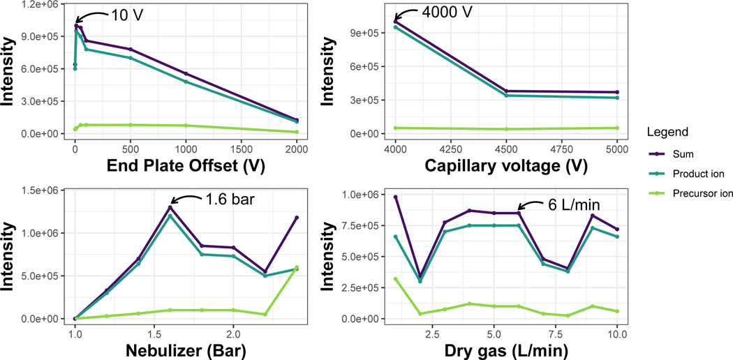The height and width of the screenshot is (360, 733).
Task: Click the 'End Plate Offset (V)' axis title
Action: point(186,166)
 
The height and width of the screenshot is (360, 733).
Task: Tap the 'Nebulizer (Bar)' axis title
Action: point(186,350)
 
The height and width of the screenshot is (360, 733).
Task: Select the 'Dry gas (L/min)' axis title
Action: point(505,350)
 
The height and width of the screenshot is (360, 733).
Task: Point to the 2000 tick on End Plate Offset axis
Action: point(297,148)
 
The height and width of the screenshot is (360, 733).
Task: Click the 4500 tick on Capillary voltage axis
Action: point(506,148)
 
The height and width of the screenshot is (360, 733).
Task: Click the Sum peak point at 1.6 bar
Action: point(170,207)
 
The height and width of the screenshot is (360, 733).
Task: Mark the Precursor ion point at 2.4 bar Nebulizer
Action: point(296,267)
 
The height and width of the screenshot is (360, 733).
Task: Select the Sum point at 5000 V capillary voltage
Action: point(617,92)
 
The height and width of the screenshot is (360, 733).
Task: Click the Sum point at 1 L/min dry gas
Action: point(395,197)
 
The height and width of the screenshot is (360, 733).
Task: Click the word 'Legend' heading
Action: point(669,132)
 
